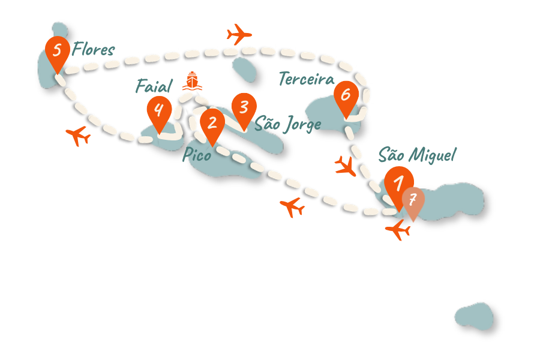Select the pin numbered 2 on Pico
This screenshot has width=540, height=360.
point(212,124)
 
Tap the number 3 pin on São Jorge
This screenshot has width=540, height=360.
point(244,108)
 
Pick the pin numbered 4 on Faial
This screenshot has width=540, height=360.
point(159,110)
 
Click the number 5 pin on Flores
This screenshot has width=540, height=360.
point(58,50)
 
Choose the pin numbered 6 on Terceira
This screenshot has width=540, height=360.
point(346,95)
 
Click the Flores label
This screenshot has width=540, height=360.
point(93,50)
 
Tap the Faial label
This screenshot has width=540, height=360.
point(154,86)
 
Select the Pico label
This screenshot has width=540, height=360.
point(197,156)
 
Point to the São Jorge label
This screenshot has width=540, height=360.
point(288,125)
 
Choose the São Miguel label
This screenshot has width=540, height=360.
point(417,155)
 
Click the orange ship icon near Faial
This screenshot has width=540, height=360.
point(192,80)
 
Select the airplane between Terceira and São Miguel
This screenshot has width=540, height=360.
point(346,166)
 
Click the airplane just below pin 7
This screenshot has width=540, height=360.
point(398,229)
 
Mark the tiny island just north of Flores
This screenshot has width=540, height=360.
point(59,29)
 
